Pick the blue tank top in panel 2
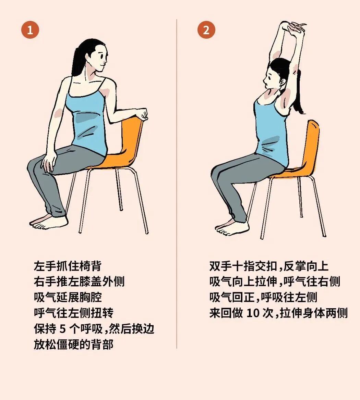tap(271, 134)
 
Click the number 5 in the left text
tap(62, 329)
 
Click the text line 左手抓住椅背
tap(68, 266)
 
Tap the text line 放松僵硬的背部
tap(73, 344)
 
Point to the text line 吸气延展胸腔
tap(68, 297)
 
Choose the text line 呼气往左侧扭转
tap(73, 313)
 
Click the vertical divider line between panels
tap(177, 185)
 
